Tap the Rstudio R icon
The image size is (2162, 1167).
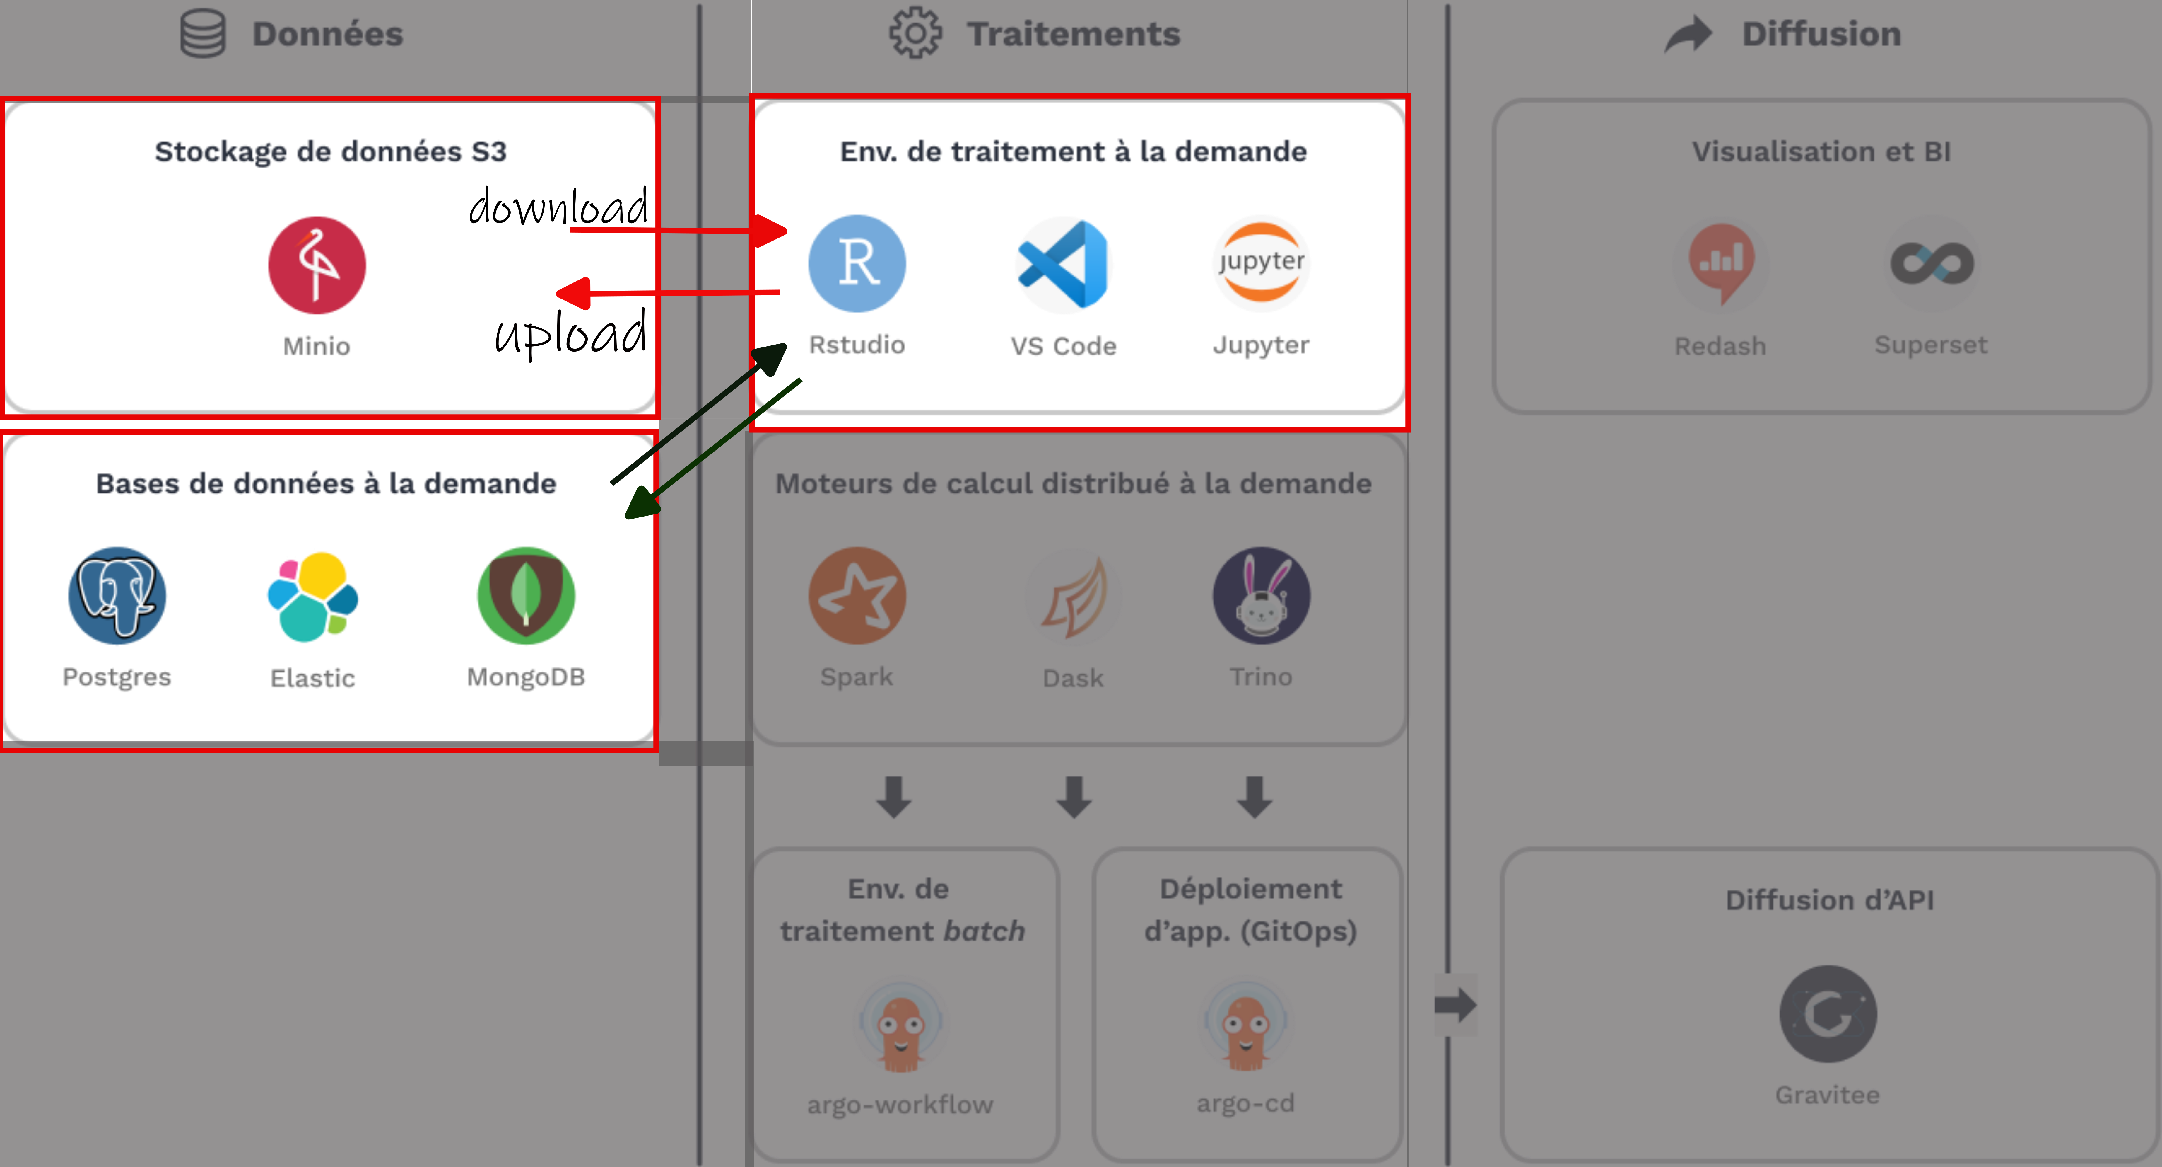pos(857,264)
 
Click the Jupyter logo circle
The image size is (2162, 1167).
pos(1261,264)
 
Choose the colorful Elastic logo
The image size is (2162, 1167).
pos(313,596)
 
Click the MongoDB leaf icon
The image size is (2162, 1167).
pos(526,596)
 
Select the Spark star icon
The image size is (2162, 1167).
pos(857,596)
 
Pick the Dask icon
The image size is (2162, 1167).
pos(1074,596)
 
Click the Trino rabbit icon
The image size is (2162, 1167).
pos(1261,596)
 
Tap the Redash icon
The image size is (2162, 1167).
pos(1720,264)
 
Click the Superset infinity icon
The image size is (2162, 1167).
pos(1931,264)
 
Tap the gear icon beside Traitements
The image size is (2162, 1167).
pos(915,34)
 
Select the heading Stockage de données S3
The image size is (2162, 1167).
pos(330,152)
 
